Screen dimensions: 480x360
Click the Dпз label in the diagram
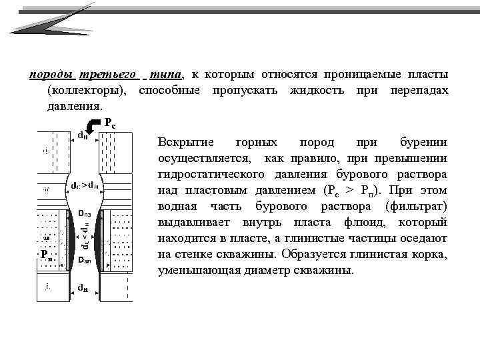[85, 214]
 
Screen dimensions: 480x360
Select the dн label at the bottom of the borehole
[83, 288]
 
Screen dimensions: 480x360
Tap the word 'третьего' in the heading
[109, 74]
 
